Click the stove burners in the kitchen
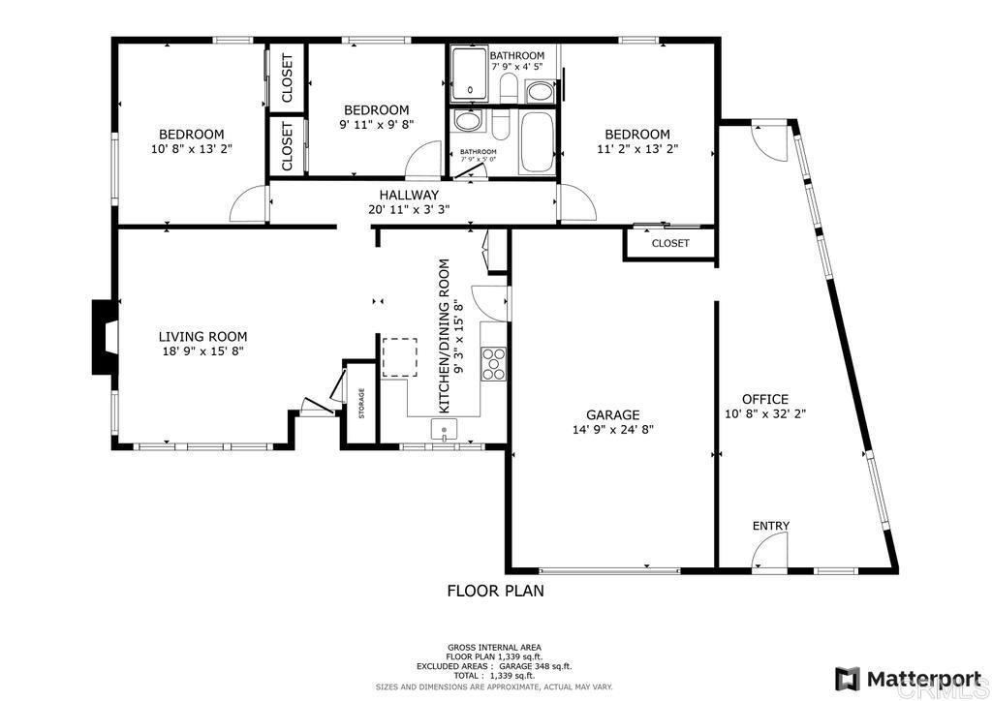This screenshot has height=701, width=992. [x=495, y=362]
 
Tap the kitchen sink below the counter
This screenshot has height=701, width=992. [x=445, y=430]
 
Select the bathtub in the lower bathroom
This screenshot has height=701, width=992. [x=537, y=142]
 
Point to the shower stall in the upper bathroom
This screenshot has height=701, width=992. [x=470, y=74]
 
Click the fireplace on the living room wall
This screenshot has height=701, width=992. [x=104, y=337]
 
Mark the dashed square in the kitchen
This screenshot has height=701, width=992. [x=399, y=356]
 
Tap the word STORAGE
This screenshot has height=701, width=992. [x=361, y=403]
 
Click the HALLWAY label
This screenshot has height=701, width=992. [x=408, y=195]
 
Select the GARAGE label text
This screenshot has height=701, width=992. [x=612, y=414]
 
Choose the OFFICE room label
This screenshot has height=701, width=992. [x=764, y=399]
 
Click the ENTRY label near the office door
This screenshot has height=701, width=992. [x=771, y=526]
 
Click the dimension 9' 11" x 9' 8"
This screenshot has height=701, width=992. [x=376, y=125]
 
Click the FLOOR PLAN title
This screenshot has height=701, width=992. [x=495, y=590]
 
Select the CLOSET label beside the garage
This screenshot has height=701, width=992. [x=669, y=243]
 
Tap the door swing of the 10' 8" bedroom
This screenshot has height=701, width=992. [x=248, y=204]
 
